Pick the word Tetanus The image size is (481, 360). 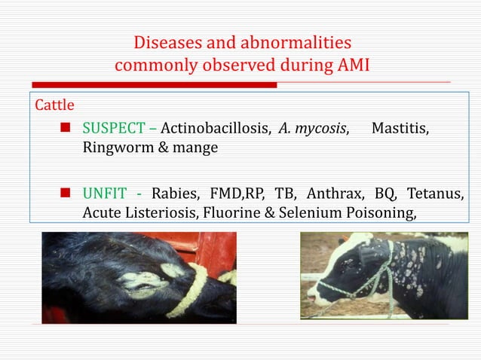pos(437,194)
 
